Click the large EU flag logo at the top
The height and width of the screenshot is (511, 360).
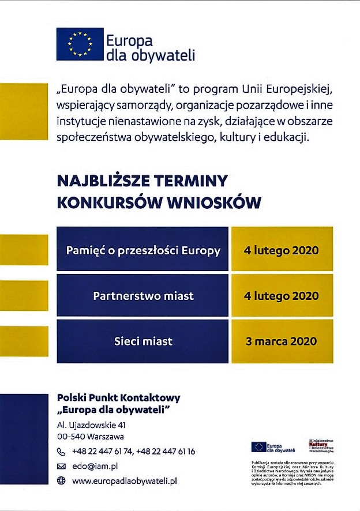[80, 44]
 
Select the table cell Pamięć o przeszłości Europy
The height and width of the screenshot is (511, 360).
[143, 250]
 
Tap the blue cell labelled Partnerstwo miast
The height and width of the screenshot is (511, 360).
[143, 296]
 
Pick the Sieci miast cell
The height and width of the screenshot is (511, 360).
[143, 341]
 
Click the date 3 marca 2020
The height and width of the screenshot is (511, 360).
[282, 341]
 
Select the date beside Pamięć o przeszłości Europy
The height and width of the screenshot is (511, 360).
[282, 250]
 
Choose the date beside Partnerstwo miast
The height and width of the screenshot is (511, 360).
[282, 296]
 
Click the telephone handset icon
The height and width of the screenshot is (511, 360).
[62, 452]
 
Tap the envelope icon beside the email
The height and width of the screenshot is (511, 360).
[62, 466]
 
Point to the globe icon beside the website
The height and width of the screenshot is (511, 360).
[62, 480]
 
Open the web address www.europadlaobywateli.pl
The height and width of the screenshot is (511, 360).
[124, 480]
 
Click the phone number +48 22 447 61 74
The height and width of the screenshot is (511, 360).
[102, 452]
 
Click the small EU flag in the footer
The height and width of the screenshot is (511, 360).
[258, 447]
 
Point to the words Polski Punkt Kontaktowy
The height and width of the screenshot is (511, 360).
[118, 398]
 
